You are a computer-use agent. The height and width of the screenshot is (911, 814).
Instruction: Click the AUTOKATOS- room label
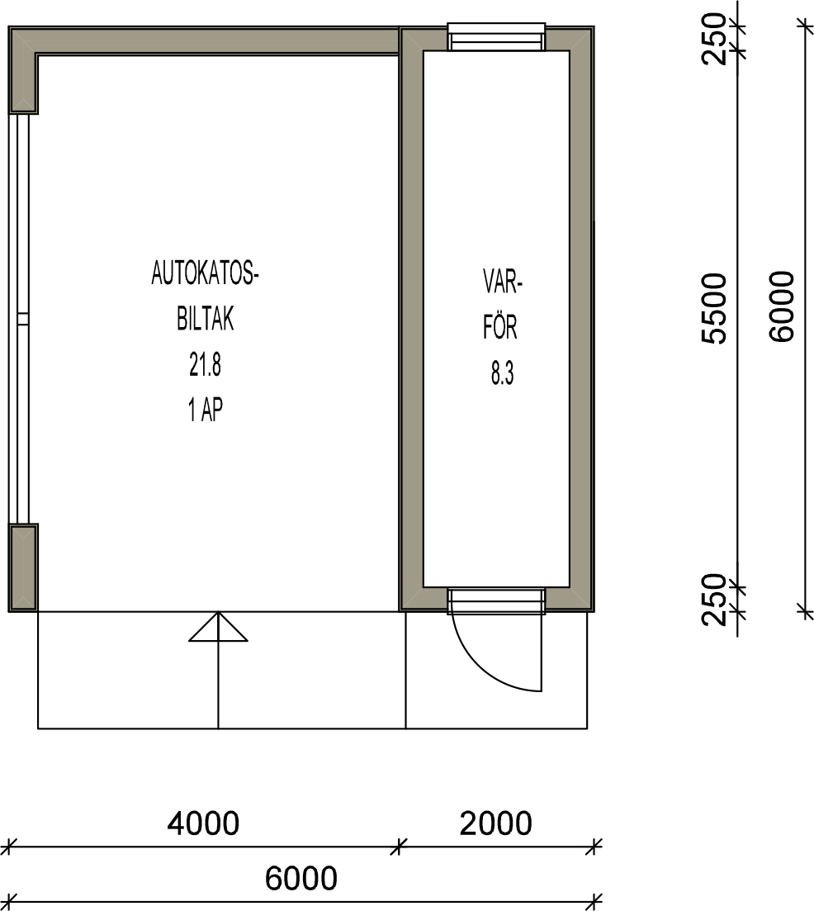[x=205, y=273]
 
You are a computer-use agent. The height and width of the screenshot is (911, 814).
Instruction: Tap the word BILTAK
[x=206, y=319]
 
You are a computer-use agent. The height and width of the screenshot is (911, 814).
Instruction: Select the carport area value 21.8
[x=205, y=365]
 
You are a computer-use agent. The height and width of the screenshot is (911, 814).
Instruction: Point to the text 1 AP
[x=205, y=410]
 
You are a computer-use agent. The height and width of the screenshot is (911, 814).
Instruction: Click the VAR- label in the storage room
[x=503, y=282]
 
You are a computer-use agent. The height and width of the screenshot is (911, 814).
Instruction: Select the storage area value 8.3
[x=502, y=373]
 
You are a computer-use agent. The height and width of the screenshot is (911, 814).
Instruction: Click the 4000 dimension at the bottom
[x=203, y=823]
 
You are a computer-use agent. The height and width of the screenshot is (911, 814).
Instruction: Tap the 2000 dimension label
[x=496, y=823]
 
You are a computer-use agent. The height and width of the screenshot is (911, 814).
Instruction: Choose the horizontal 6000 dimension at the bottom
[x=301, y=878]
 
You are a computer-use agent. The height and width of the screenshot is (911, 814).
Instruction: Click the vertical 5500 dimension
[x=714, y=309]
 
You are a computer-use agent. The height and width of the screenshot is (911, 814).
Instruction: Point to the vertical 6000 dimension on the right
[x=781, y=306]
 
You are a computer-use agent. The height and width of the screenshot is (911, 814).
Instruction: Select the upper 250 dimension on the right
[x=714, y=39]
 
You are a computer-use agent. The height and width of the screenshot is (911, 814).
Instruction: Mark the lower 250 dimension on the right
[x=714, y=600]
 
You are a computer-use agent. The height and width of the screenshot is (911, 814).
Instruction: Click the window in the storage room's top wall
[x=496, y=37]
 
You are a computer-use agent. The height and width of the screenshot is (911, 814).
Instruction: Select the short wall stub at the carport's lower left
[x=23, y=567]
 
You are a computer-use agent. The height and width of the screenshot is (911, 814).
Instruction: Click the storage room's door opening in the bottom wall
[x=496, y=600]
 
